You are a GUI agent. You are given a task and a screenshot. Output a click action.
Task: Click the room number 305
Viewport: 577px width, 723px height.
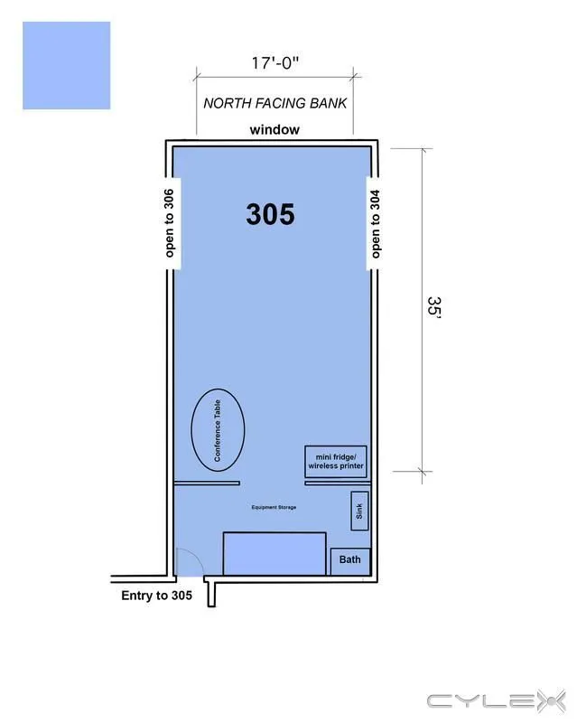(x=270, y=214)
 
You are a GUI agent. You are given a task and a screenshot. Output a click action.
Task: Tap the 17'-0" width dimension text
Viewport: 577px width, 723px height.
(x=275, y=62)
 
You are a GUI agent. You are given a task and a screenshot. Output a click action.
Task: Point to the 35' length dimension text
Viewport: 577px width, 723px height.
(x=434, y=306)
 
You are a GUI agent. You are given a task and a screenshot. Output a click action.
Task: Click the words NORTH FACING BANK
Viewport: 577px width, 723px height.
(x=275, y=103)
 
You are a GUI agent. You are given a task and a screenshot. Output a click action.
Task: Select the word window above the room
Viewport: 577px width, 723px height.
(x=275, y=130)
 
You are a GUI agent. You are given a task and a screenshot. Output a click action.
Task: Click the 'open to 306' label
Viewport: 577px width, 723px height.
(x=169, y=223)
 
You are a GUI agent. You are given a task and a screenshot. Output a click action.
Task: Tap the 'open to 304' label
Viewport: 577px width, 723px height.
(x=376, y=224)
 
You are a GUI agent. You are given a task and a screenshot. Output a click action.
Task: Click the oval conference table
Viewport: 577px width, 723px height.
(x=218, y=430)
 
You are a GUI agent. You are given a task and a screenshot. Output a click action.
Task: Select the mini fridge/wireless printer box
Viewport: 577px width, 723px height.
(x=336, y=462)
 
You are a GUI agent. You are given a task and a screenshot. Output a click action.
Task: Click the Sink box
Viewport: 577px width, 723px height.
(x=359, y=511)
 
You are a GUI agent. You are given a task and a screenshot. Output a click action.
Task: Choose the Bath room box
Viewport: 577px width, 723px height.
(x=350, y=561)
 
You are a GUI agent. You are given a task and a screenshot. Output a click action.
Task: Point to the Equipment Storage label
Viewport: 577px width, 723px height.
(x=274, y=507)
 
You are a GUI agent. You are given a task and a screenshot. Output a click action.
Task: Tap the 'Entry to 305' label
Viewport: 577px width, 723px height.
(x=157, y=596)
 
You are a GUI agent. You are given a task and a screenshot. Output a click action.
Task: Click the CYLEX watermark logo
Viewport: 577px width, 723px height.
(x=497, y=701)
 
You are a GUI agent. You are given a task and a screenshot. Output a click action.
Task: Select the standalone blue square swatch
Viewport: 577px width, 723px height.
(x=66, y=65)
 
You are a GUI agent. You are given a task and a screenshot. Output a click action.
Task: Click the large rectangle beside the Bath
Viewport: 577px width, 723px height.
(x=275, y=554)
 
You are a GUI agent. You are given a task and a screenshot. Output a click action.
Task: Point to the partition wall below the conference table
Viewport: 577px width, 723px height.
(x=207, y=484)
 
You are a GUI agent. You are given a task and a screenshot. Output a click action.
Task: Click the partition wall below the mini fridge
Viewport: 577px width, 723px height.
(x=338, y=484)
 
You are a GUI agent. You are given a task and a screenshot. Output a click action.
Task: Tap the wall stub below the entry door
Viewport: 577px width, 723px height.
(x=210, y=594)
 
